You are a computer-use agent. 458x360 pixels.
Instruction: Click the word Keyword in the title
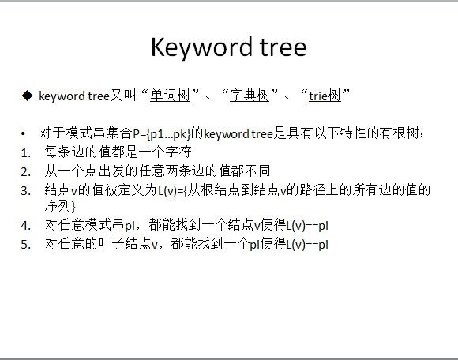click(201, 48)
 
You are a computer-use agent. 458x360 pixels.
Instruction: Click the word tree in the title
click(283, 47)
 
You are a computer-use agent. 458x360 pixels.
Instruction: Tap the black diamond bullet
click(27, 96)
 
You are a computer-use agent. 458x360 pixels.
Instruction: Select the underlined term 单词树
click(170, 96)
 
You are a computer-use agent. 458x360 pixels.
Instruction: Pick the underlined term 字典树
click(250, 96)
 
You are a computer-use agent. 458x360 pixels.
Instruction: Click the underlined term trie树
click(325, 96)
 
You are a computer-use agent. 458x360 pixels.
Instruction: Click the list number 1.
click(26, 152)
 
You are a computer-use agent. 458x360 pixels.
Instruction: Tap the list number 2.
click(26, 171)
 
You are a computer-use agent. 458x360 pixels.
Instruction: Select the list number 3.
click(26, 191)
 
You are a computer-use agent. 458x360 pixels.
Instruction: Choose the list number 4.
click(26, 226)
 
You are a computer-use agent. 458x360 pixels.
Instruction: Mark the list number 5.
click(26, 245)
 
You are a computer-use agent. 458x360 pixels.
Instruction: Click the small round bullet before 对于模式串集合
click(24, 134)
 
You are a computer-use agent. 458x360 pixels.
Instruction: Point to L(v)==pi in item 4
click(307, 226)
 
